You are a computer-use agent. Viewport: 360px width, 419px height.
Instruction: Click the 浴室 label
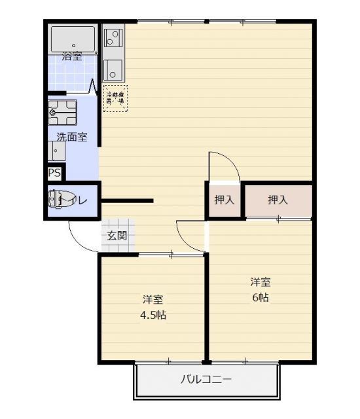click(x=71, y=56)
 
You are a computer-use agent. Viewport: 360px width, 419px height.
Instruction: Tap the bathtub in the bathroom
click(x=73, y=38)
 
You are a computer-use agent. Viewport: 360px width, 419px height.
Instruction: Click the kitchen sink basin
click(x=113, y=67)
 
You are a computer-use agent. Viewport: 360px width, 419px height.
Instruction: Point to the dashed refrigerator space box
click(x=115, y=98)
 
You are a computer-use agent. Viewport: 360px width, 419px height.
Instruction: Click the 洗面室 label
click(x=71, y=137)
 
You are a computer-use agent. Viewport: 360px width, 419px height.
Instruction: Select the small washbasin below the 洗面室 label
click(x=56, y=150)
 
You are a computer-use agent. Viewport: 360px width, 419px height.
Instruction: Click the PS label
click(x=54, y=174)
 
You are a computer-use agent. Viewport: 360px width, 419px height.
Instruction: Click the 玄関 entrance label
click(x=117, y=236)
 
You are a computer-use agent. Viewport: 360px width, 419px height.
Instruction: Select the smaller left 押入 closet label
click(x=225, y=200)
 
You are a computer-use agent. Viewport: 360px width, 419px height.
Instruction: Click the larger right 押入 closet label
click(x=278, y=200)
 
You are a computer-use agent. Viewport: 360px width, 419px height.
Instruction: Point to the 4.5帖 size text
click(x=153, y=315)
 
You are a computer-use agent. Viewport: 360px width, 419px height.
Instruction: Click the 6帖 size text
click(x=259, y=297)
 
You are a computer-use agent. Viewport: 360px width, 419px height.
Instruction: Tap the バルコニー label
click(x=206, y=379)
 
